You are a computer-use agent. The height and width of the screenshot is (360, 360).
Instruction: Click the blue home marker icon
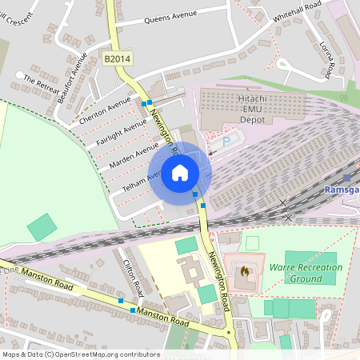pos(180,173)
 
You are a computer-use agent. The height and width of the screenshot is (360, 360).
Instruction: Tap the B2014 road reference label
pos(118,58)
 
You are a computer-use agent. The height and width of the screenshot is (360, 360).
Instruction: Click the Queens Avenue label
pos(170,18)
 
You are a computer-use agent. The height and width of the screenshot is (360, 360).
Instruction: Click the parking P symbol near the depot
pos(226,141)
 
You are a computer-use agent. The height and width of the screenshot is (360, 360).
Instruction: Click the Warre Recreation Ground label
pos(306,273)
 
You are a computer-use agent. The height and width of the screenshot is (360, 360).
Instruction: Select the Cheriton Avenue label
pos(105,110)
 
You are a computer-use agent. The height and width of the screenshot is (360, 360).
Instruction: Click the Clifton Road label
pos(132,270)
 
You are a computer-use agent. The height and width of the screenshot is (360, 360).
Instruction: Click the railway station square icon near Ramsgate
pos(346,178)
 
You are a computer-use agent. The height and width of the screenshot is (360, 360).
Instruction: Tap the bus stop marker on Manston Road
pos(121,301)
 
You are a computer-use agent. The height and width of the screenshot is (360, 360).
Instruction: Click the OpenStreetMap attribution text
pos(81,354)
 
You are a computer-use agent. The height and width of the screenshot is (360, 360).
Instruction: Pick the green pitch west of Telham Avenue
pos(42,227)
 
